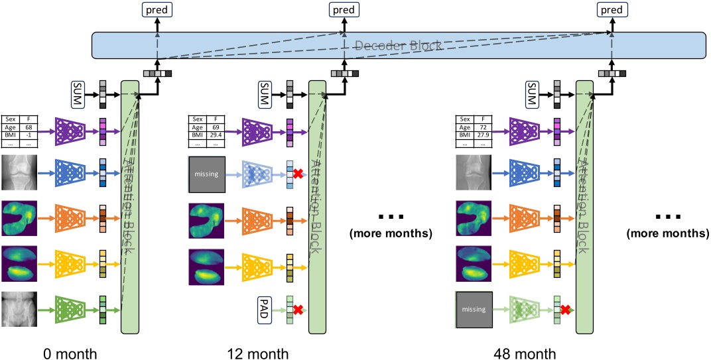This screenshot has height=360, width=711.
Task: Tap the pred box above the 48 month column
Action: click(611, 9)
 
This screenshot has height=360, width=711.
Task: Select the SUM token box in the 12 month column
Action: click(264, 93)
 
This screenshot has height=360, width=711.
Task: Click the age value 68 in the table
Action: click(29, 128)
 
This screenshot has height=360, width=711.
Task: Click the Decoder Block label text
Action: click(397, 45)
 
